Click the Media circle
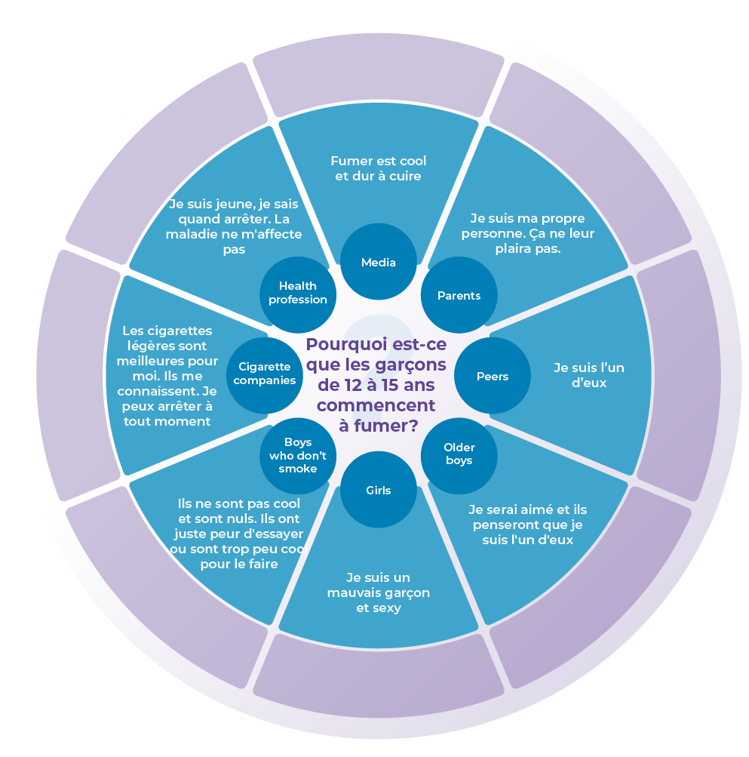[378, 262]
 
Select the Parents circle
[459, 295]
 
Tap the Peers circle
[493, 376]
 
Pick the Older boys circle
[459, 454]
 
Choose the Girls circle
[378, 491]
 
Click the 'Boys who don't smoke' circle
[298, 455]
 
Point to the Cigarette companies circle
[264, 374]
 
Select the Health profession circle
[297, 292]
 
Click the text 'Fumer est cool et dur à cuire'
[378, 168]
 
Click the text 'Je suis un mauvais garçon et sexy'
[378, 592]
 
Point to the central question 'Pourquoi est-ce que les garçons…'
[376, 384]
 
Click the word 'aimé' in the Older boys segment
[526, 509]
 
